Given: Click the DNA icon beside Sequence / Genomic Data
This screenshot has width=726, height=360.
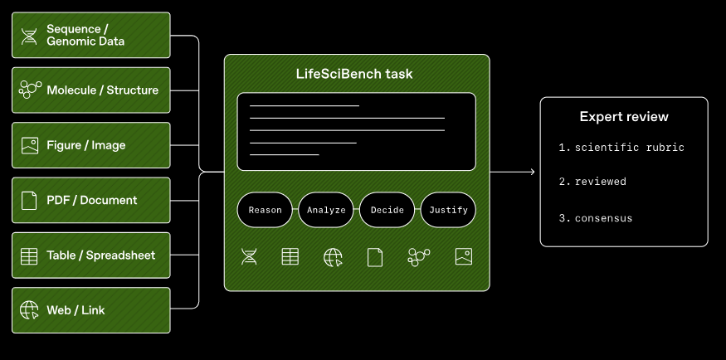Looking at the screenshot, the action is pos(29,36).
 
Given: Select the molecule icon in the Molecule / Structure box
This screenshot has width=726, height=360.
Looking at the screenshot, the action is pos(30,90).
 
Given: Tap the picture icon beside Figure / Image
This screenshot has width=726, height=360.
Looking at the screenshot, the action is pos(30,145).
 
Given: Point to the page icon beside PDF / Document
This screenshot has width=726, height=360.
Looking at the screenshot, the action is pos(29,201).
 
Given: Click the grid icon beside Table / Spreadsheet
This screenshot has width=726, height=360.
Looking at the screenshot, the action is pos(29,255).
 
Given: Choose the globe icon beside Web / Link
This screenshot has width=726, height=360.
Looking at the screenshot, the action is pos(29,310).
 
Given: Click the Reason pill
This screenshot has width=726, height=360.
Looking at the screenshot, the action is pos(265,210).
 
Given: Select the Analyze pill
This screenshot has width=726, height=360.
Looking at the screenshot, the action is pos(326,210).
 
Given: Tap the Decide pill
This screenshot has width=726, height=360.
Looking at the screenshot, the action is pos(387,210).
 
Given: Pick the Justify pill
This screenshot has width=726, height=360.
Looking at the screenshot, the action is pos(448,210).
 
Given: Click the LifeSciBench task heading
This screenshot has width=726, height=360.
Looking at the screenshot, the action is pos(354,74).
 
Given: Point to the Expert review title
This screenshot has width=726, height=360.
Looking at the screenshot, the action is pos(624,117).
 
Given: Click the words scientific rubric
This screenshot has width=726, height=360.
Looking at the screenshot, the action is pos(630,148).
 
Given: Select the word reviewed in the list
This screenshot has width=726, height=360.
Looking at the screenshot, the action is pos(601,182).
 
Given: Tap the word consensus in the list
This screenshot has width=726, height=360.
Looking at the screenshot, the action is pos(604,218).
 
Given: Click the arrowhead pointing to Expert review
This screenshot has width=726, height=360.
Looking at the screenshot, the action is pos(533,173).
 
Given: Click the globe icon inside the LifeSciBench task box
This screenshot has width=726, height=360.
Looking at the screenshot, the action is pos(333,257).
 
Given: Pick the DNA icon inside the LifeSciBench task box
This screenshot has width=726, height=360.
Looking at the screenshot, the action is pos(249,257).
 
